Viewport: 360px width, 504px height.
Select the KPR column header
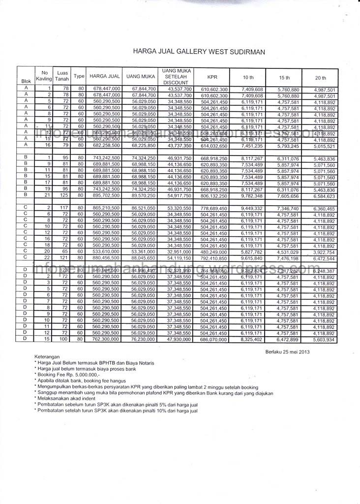pos(212,77)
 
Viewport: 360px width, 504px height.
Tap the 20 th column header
pos(321,78)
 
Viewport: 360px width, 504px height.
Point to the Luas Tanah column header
pos(62,76)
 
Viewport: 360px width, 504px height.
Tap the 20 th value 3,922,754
pos(324,252)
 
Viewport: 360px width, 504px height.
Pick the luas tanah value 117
pos(64,209)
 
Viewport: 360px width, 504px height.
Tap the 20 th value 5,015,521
pos(324,146)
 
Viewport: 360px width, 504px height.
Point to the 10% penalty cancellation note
pos(116,410)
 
